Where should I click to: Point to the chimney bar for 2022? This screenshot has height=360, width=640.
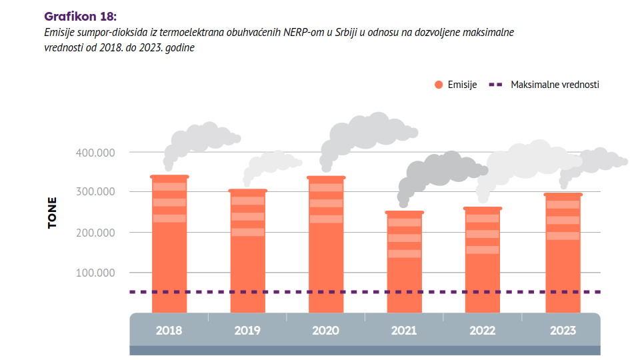483,260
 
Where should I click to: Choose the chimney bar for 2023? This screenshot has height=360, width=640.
563,253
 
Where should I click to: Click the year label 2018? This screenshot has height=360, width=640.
169,330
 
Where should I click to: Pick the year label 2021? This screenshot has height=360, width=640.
404,330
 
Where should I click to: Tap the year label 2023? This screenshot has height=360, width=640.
562,330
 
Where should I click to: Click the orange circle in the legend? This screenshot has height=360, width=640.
439,85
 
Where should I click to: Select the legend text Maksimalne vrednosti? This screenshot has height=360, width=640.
555,85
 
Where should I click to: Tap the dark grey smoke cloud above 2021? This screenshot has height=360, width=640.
440,169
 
